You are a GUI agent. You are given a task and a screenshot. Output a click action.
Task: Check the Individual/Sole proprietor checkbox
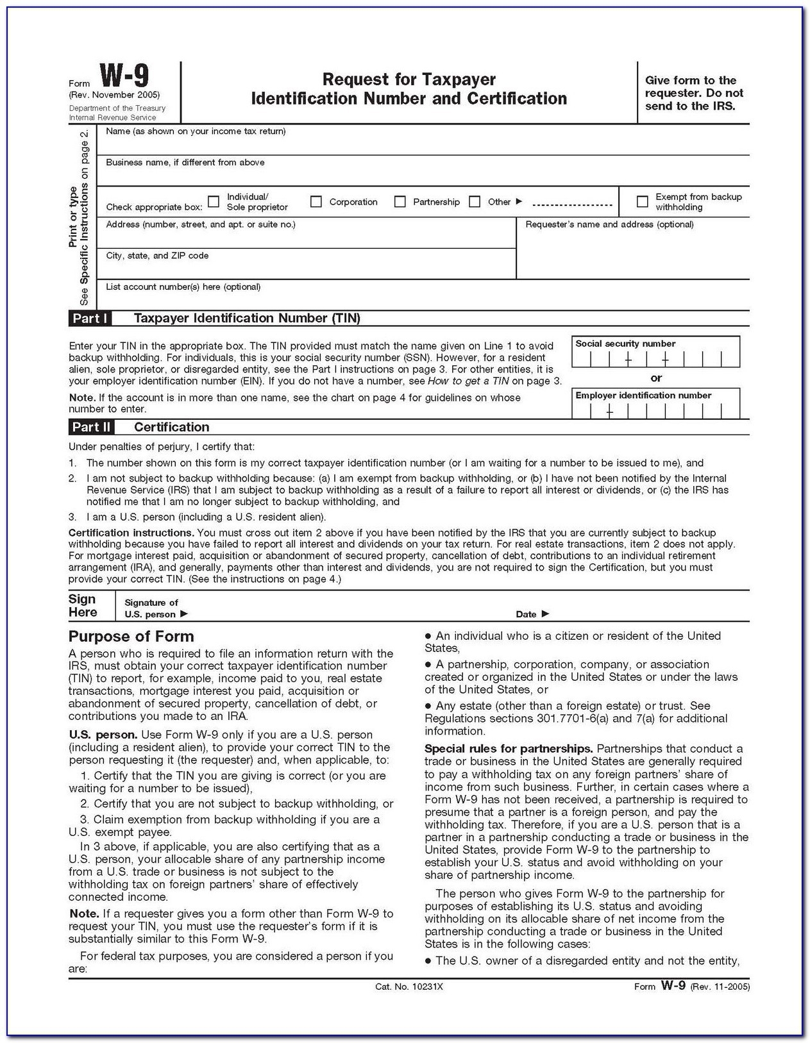pos(214,202)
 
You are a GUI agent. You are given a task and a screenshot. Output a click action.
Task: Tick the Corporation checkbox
pos(316,202)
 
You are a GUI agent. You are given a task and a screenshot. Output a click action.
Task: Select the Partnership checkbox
pos(400,202)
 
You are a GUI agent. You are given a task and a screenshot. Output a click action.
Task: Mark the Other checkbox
pos(475,202)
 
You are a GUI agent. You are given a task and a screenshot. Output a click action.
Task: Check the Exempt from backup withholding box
pos(642,202)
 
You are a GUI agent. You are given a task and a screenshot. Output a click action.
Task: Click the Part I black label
pos(90,319)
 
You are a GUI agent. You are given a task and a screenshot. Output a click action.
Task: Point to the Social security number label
pos(625,344)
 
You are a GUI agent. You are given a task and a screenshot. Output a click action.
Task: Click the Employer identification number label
pos(643,396)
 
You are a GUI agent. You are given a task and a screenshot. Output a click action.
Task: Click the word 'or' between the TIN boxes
pos(656,378)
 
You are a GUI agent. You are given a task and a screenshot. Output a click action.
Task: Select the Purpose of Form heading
pos(131,637)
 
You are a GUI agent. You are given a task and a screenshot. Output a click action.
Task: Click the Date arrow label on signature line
pos(532,614)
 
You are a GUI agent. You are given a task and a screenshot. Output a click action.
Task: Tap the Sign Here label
pos(83,606)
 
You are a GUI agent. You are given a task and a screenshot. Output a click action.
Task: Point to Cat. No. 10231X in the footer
pos(409,987)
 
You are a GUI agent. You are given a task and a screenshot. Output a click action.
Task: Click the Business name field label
pos(185,163)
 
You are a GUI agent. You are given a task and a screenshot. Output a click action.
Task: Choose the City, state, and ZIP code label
pos(157,256)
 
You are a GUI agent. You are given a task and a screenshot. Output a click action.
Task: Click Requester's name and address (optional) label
pos(609,224)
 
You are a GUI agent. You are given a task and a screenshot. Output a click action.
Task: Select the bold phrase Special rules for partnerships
pos(508,749)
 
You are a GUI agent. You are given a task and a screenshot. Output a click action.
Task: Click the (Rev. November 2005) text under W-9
pos(115,96)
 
